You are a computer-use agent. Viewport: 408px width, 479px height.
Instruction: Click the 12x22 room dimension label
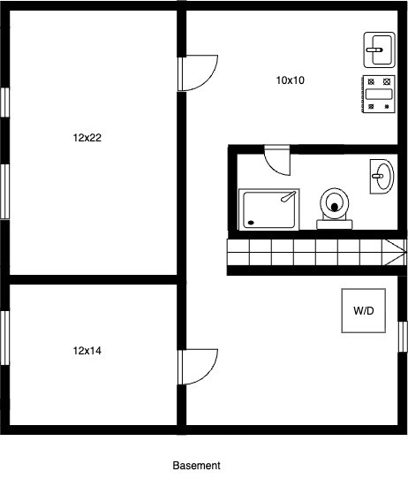(x=87, y=138)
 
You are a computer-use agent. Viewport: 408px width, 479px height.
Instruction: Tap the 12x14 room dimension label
(x=87, y=351)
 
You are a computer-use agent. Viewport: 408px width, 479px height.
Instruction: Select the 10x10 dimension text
(x=290, y=80)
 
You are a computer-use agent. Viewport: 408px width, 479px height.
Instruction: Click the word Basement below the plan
(x=196, y=465)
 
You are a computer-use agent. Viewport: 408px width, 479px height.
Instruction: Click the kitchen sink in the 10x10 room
(x=381, y=50)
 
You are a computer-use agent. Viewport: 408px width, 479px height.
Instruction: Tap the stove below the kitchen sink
(x=381, y=94)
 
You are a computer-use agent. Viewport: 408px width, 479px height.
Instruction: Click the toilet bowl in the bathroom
(x=335, y=202)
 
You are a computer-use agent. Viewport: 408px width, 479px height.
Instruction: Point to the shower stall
(x=270, y=209)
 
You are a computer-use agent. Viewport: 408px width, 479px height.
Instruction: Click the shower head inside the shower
(x=286, y=198)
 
